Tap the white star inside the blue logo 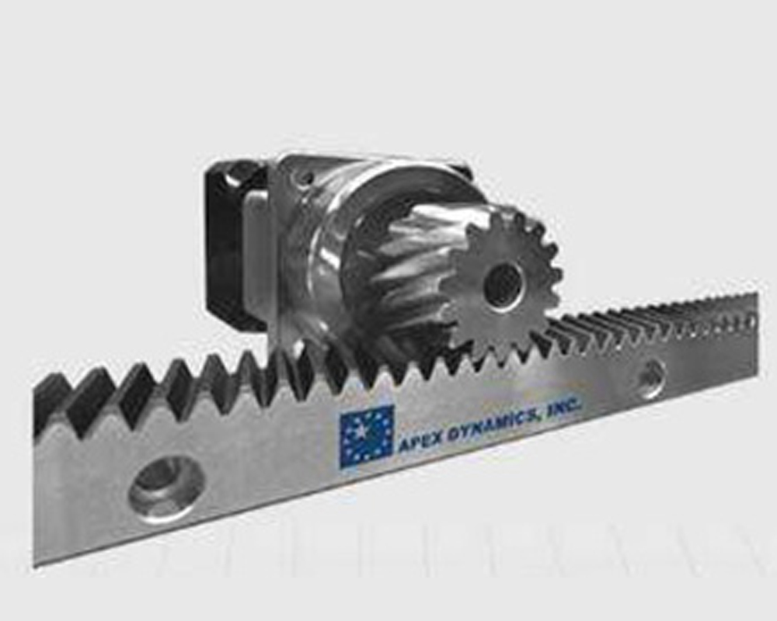pos(362,432)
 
